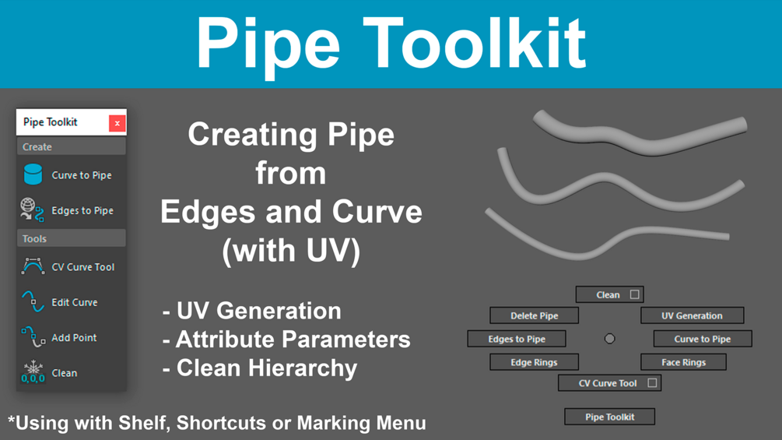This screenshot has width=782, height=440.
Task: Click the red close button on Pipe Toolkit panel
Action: click(x=117, y=123)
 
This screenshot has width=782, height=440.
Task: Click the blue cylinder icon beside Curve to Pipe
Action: click(x=33, y=174)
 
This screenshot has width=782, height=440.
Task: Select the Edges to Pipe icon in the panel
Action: click(x=32, y=210)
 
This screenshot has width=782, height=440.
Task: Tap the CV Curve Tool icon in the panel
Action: click(x=33, y=266)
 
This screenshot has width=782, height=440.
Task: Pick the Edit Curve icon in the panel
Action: click(x=33, y=302)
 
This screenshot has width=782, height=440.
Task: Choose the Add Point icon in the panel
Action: click(x=33, y=336)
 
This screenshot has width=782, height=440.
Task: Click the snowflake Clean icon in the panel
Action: click(x=33, y=372)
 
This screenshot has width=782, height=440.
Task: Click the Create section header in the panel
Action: click(x=72, y=146)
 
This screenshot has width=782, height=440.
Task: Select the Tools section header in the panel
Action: click(x=72, y=238)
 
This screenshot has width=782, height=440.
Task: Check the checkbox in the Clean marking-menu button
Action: click(x=634, y=294)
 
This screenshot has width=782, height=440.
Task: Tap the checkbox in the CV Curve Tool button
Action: click(x=652, y=382)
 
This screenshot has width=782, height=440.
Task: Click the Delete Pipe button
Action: click(x=534, y=315)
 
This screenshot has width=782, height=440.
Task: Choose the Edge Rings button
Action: click(x=534, y=362)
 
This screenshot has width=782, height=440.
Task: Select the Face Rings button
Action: click(x=683, y=362)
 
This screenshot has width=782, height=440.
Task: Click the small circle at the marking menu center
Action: click(x=609, y=339)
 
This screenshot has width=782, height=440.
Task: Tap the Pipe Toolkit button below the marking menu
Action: click(x=609, y=417)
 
